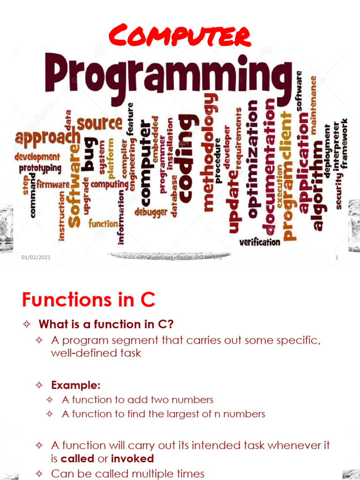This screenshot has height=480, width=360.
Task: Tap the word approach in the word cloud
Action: click(47, 137)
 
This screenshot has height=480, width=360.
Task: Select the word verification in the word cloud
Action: click(260, 242)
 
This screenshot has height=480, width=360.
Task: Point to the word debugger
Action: click(151, 212)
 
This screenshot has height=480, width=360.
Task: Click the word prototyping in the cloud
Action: click(40, 168)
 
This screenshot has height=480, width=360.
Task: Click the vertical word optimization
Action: click(252, 159)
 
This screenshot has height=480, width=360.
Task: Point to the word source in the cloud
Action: click(99, 123)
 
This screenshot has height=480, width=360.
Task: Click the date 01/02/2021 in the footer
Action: click(36, 258)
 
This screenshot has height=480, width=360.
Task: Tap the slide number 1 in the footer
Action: click(337, 258)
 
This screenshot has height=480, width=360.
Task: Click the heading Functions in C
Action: click(89, 300)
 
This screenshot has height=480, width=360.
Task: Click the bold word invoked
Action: click(132, 458)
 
